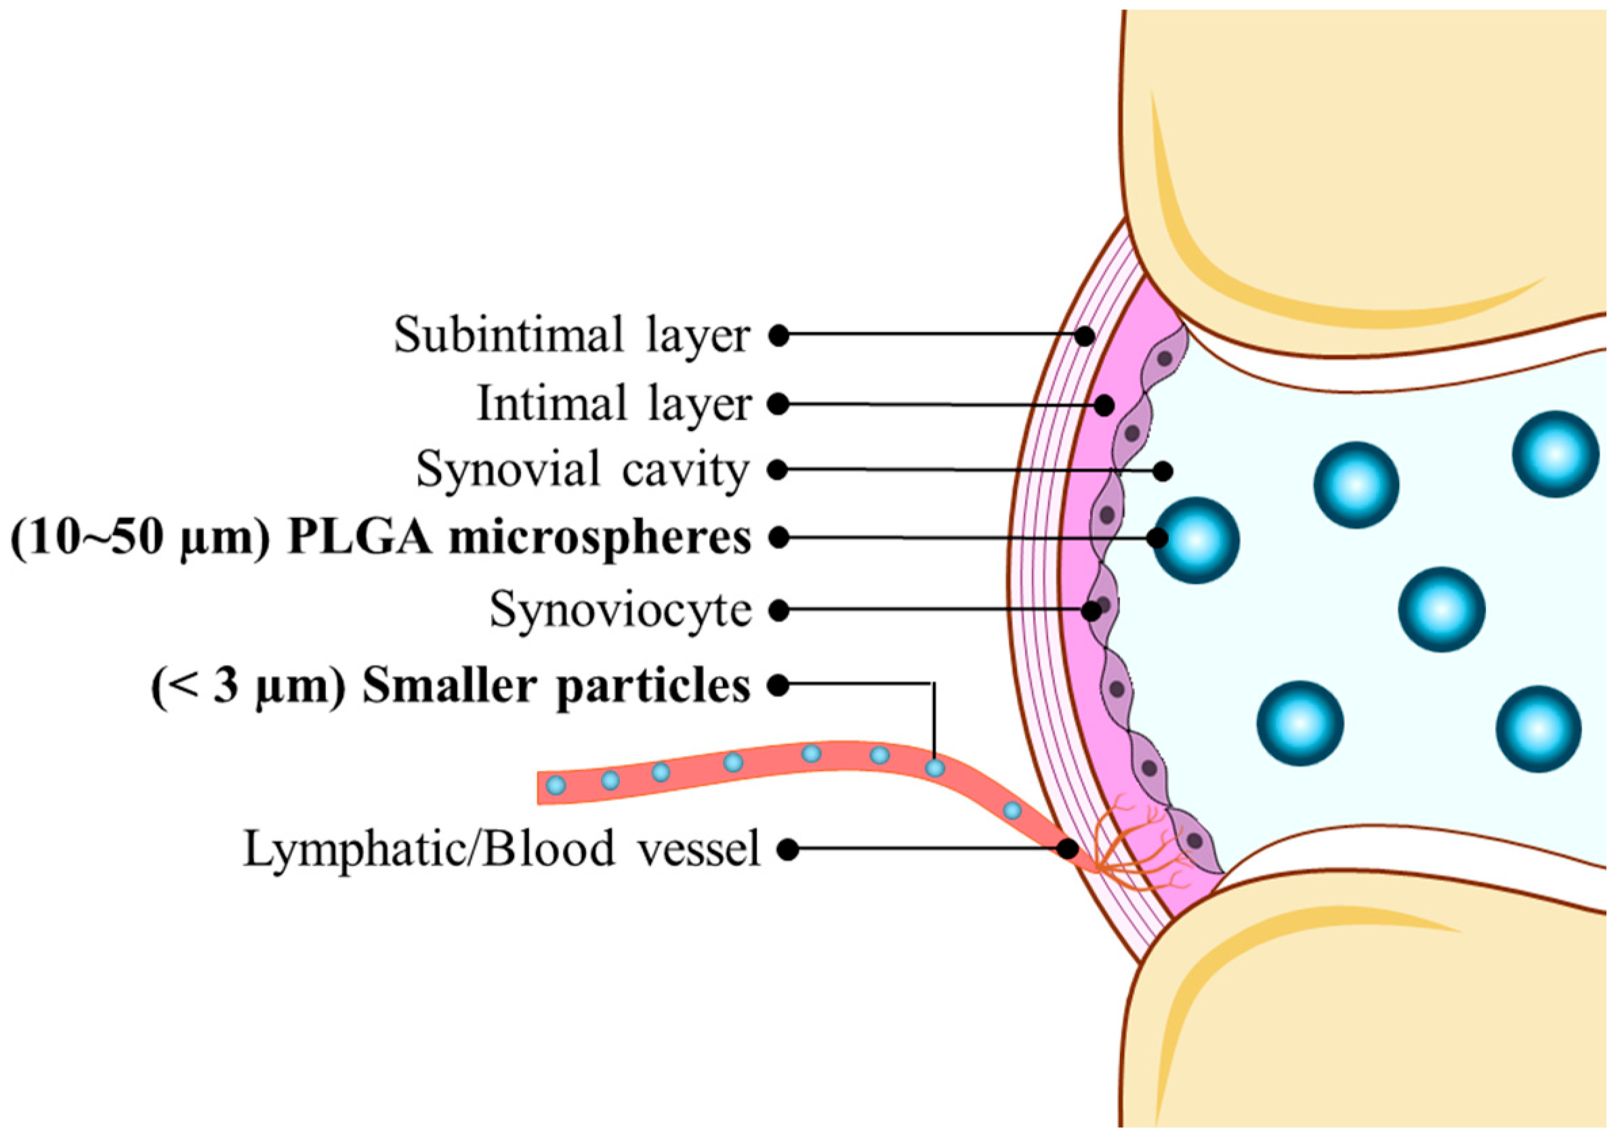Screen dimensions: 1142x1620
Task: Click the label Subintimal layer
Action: [x=572, y=335]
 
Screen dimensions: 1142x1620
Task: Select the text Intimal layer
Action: [x=613, y=404]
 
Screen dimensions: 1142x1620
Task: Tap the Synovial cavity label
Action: [x=582, y=469]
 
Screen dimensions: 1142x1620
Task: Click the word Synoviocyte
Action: [x=621, y=610]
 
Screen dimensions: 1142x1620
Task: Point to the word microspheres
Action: [x=600, y=538]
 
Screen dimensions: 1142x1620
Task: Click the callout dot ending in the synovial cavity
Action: [x=1163, y=471]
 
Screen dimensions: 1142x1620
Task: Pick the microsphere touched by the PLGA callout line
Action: [x=1196, y=541]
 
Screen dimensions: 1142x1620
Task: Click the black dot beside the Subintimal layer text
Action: [x=778, y=336]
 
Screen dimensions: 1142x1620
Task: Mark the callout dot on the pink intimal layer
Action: [x=1104, y=406]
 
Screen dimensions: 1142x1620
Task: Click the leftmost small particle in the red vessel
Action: [x=557, y=784]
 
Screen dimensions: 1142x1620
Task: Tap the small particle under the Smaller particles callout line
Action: [x=935, y=767]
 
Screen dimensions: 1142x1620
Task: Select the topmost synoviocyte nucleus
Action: [x=1165, y=359]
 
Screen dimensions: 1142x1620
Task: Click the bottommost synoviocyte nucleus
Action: [x=1195, y=841]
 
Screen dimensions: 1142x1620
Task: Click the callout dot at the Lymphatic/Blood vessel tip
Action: [x=1069, y=849]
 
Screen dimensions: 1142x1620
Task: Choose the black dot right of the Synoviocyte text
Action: [x=778, y=611]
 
